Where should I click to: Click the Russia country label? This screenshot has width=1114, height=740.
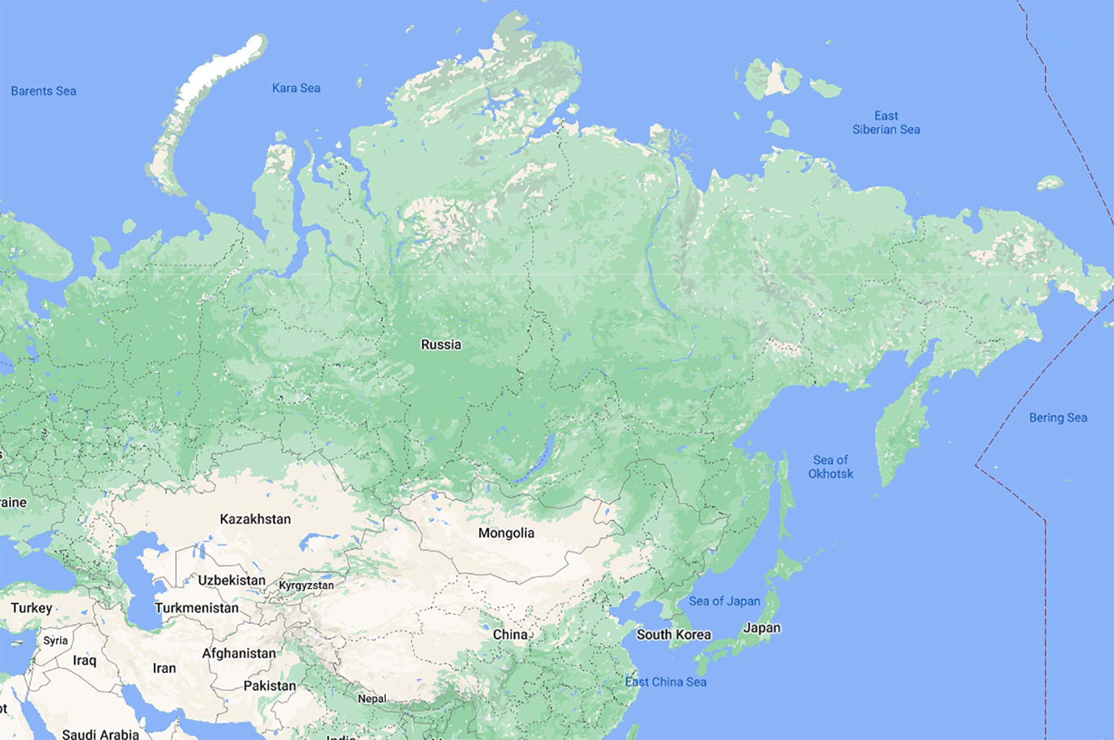coord(441,345)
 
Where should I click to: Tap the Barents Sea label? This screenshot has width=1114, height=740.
coord(44,91)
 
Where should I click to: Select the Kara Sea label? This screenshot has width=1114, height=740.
coord(296,88)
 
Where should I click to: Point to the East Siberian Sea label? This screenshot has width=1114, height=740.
coord(886,123)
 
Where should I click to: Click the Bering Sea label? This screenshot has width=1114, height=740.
coord(1058,418)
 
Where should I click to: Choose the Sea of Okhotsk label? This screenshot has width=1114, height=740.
coord(830,467)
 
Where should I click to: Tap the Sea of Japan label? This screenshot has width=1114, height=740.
coord(724,602)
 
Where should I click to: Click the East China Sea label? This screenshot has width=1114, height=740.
coord(666,682)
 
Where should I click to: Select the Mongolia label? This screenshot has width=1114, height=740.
coord(506,533)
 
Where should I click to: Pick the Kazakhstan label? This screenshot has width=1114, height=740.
coord(255,519)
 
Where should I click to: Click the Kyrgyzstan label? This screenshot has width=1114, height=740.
coord(306,586)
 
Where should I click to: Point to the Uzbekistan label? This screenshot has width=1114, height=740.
coord(232,580)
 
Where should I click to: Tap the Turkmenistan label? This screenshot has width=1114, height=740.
coord(197,608)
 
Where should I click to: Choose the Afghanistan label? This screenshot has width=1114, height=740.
coord(239,654)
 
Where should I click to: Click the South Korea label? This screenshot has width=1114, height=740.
coord(673,635)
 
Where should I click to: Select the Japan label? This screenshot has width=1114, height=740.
coord(762,628)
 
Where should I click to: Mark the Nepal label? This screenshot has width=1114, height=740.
coord(372,699)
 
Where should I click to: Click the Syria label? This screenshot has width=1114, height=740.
coord(55,641)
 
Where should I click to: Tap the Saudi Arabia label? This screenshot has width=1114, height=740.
coord(100,734)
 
